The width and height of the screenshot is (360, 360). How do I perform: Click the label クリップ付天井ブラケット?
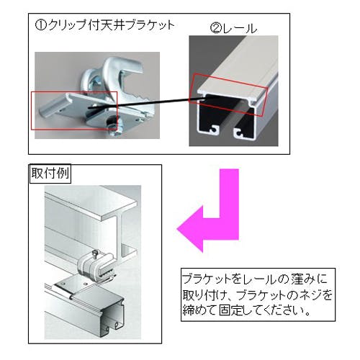click(111, 25)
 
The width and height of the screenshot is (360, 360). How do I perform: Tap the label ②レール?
click(233, 29)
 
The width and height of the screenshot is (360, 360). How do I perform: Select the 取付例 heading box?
click(50, 174)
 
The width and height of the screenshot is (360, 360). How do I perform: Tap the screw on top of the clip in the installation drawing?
click(96, 254)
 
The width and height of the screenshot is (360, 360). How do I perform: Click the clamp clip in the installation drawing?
click(95, 268)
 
